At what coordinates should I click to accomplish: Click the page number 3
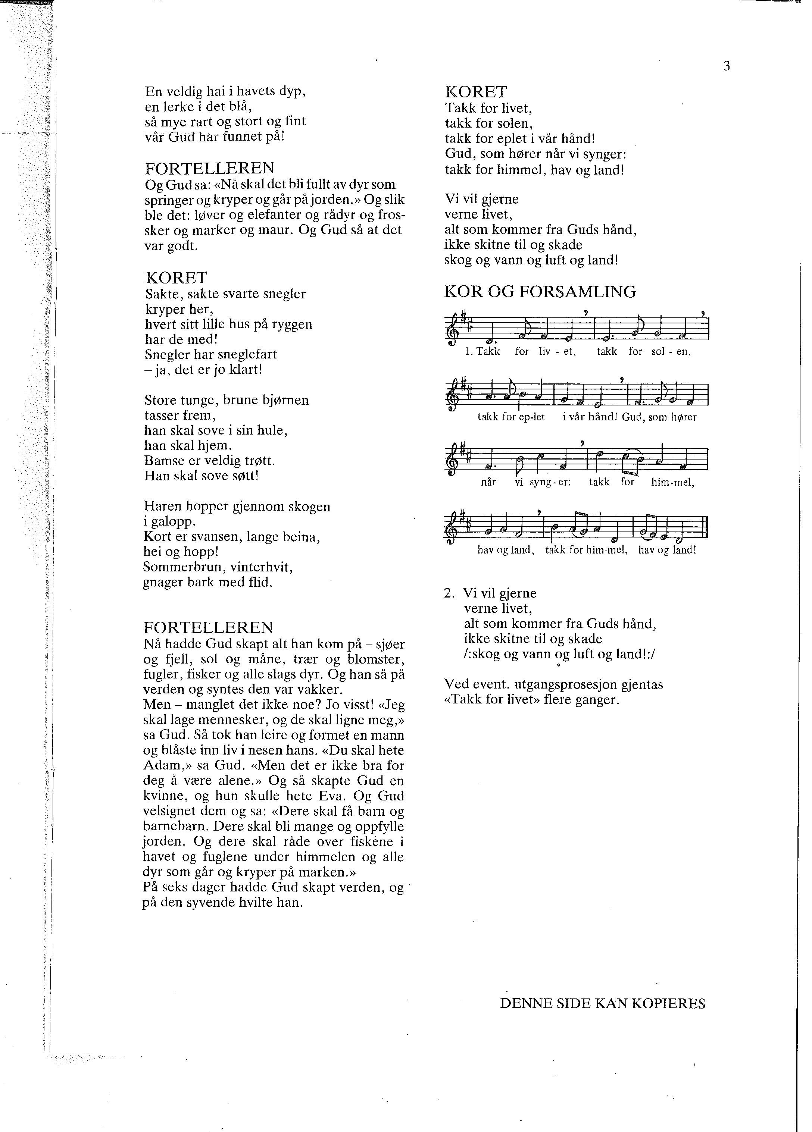[726, 66]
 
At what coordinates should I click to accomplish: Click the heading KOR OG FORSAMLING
[540, 292]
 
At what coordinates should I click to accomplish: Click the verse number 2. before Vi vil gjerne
[449, 593]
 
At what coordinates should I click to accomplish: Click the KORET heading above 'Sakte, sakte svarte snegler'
[176, 278]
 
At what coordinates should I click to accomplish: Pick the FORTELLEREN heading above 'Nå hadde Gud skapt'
[209, 627]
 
